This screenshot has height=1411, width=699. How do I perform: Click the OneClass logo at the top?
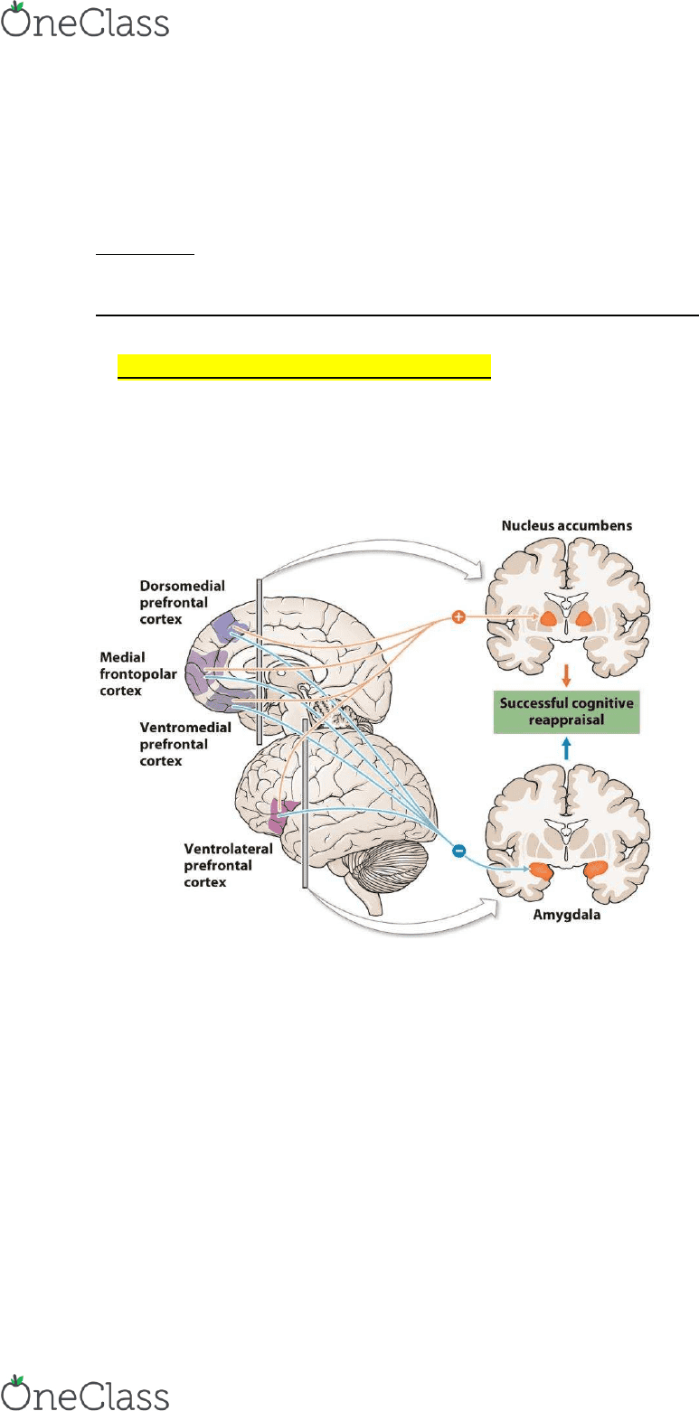pyautogui.click(x=85, y=20)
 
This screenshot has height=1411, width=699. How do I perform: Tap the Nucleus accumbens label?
pyautogui.click(x=567, y=525)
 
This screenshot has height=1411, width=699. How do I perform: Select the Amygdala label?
pyautogui.click(x=567, y=915)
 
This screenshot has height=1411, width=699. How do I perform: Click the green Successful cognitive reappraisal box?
pyautogui.click(x=567, y=711)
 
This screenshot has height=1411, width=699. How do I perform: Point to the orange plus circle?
pyautogui.click(x=458, y=617)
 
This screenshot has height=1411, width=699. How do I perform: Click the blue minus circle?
pyautogui.click(x=459, y=851)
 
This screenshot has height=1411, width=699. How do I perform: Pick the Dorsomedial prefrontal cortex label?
pyautogui.click(x=182, y=602)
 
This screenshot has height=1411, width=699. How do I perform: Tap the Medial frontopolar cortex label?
pyautogui.click(x=138, y=674)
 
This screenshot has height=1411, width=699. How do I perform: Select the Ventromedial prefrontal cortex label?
pyautogui.click(x=185, y=744)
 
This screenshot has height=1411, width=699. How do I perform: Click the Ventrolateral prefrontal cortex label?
pyautogui.click(x=228, y=866)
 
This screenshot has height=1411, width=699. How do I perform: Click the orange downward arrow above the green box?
pyautogui.click(x=566, y=674)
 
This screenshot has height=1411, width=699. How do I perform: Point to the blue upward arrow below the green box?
pyautogui.click(x=566, y=749)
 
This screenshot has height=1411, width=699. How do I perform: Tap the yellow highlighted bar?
pyautogui.click(x=304, y=367)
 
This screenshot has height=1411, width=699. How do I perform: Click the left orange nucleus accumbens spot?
pyautogui.click(x=548, y=619)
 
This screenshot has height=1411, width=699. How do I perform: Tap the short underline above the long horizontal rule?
pyautogui.click(x=145, y=255)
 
